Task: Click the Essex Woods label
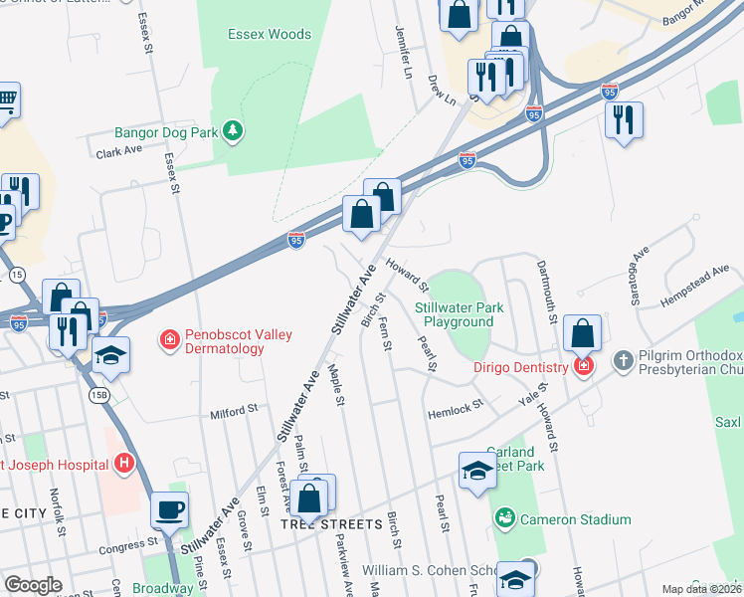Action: (x=270, y=34)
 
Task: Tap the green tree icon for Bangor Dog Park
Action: (x=233, y=131)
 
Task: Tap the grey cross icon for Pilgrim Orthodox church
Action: (x=623, y=359)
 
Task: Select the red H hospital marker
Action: (x=124, y=463)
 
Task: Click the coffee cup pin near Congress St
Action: (x=169, y=511)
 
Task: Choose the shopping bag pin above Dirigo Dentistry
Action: (x=584, y=332)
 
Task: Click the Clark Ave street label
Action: (x=119, y=151)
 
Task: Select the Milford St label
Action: (x=234, y=409)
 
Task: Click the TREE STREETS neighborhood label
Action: (x=331, y=524)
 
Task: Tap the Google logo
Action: (x=34, y=585)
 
